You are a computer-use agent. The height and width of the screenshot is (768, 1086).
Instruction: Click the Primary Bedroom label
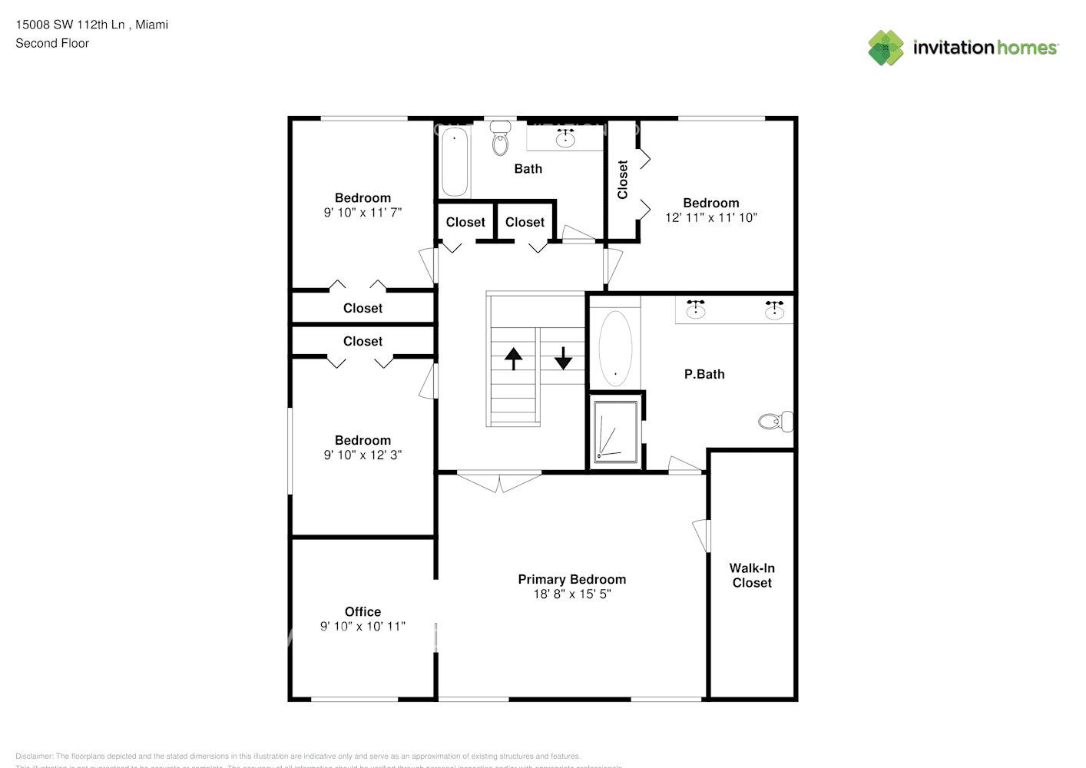571,579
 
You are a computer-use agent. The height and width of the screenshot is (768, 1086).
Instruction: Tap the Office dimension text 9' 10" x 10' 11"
363,626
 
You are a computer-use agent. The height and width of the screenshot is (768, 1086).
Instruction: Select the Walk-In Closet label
752,575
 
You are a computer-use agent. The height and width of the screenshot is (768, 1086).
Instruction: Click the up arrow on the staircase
513,359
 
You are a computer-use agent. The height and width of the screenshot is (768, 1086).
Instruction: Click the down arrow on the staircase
563,358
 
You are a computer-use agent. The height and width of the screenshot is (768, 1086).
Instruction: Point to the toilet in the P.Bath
775,421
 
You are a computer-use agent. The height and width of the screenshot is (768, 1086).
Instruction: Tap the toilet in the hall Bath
501,140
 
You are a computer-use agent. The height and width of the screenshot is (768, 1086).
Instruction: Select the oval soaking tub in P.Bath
615,348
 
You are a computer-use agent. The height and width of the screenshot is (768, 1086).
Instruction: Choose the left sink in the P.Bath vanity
696,309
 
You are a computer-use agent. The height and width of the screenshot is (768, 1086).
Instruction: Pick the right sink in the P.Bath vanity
774,309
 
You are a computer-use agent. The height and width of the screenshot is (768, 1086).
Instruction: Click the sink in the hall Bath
566,137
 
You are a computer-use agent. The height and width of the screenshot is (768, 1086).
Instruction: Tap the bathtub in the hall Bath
454,162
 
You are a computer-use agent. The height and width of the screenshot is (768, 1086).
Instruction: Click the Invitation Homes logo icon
886,48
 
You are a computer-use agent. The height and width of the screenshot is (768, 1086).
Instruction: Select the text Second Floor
52,43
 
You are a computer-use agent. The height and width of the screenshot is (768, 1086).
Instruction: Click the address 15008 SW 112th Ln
70,25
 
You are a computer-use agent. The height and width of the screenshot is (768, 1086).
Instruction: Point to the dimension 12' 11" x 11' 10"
710,217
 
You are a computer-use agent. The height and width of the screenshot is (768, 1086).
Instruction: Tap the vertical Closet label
623,180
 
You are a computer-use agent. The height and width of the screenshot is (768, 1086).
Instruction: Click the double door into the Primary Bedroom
499,481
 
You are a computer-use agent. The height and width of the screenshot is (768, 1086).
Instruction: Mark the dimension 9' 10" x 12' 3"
363,455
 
